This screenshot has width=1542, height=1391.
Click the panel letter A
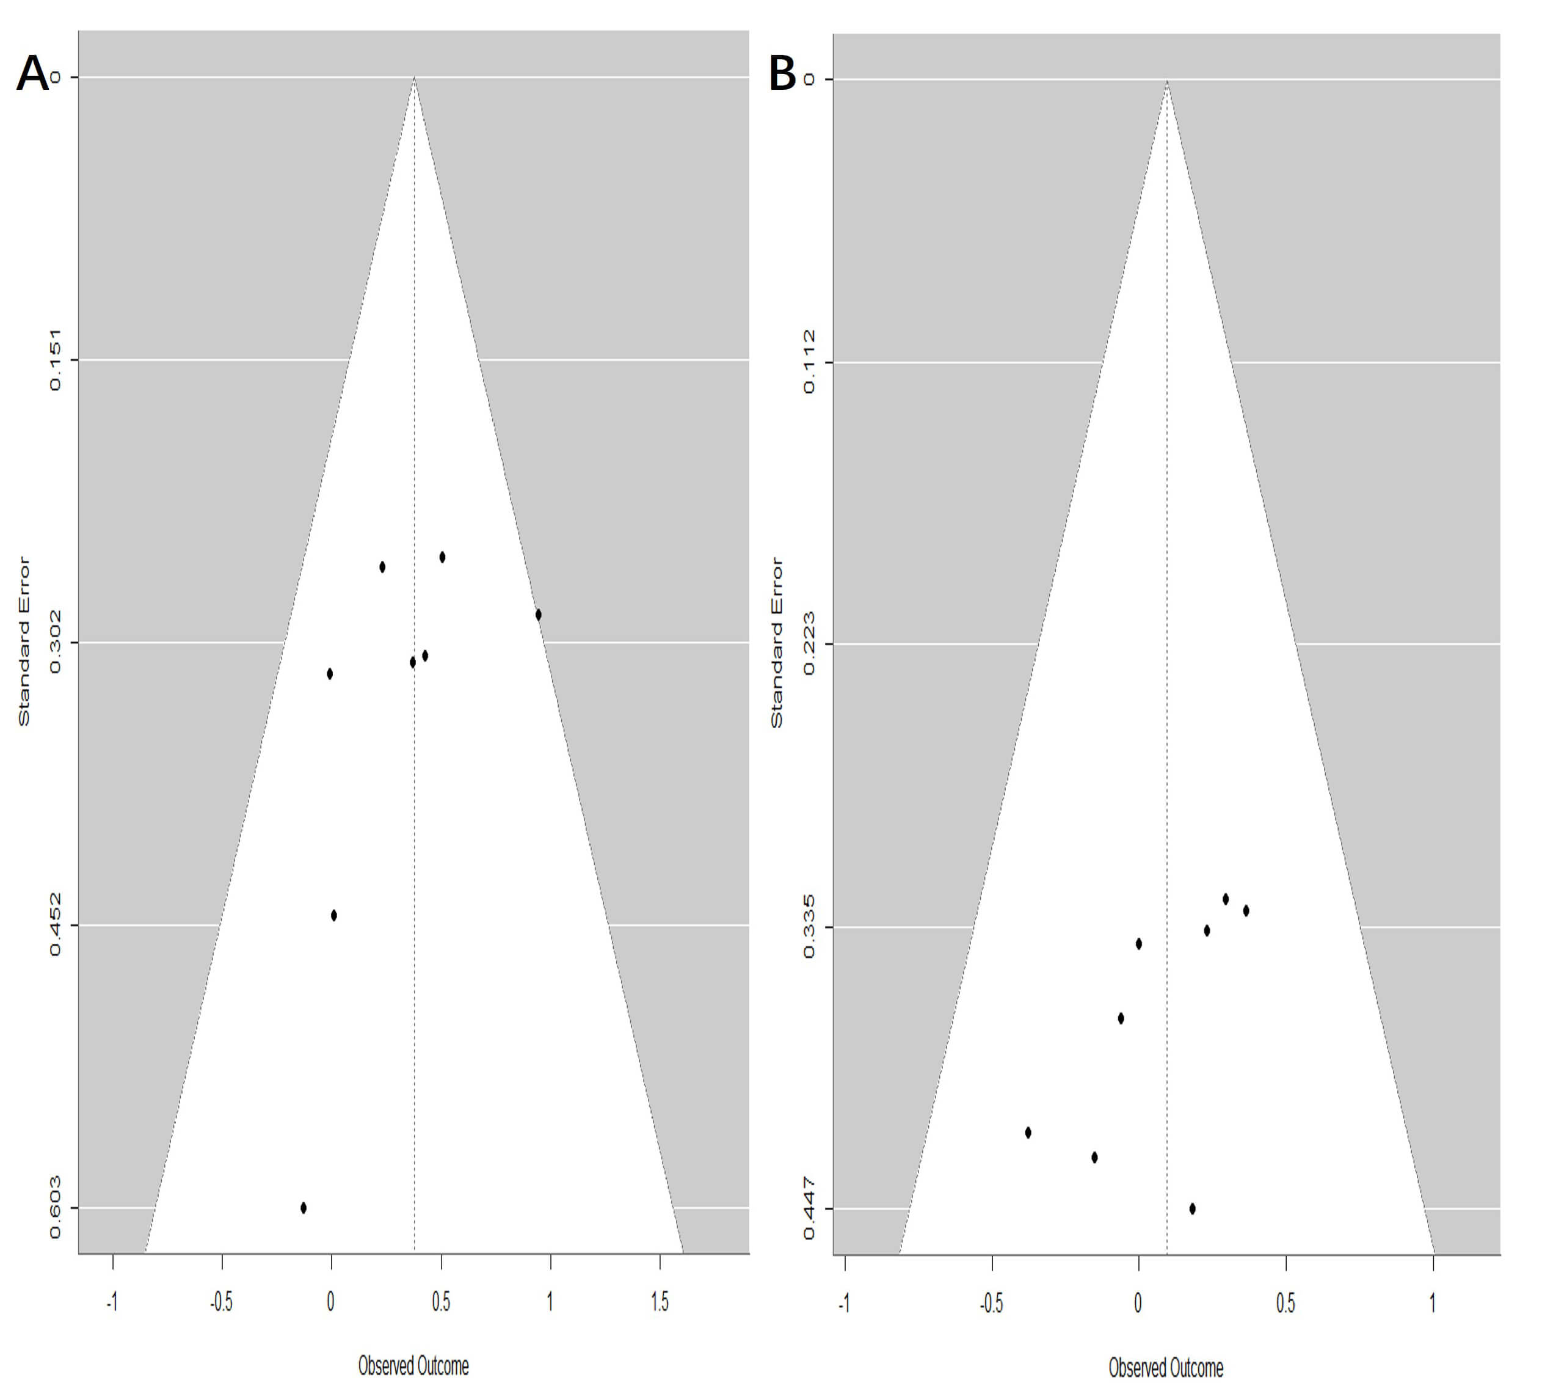(32, 74)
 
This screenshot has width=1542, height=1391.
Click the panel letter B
(782, 75)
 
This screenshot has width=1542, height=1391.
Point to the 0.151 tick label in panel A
(55, 360)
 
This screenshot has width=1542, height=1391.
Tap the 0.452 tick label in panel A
(55, 925)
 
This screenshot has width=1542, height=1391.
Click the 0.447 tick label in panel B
(809, 1209)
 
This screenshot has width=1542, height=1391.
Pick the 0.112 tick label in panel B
(809, 362)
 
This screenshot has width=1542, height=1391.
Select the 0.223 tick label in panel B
(809, 644)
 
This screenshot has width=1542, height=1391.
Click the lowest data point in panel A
(304, 1208)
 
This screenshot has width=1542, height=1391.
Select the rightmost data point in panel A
(539, 615)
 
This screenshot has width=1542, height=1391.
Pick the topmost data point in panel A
(442, 557)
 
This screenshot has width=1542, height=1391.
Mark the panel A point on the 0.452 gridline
(334, 916)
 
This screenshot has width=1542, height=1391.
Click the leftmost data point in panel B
(1028, 1133)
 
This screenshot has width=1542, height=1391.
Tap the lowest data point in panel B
(1193, 1208)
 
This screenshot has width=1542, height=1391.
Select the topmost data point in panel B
(1226, 899)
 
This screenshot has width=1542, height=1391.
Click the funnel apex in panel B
(1167, 79)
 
